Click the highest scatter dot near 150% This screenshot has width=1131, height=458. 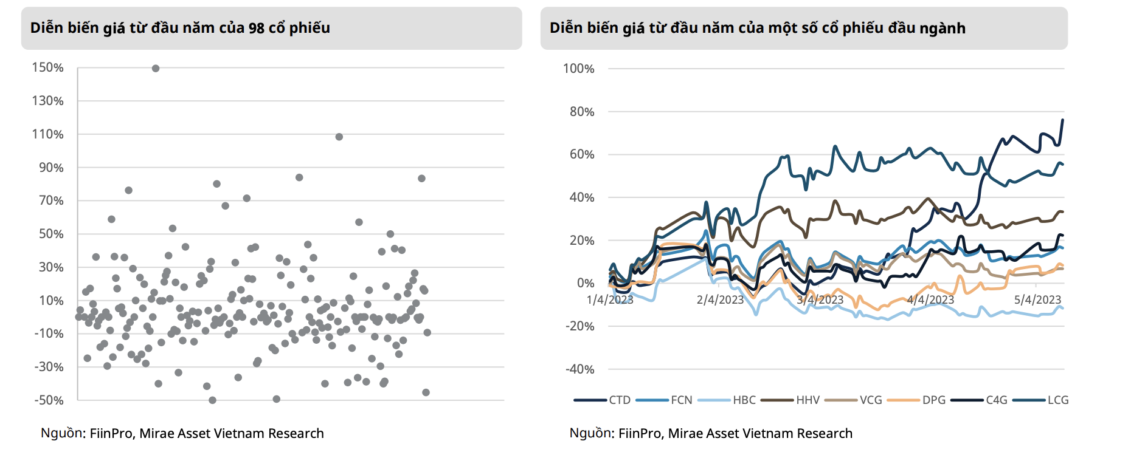pyautogui.click(x=156, y=69)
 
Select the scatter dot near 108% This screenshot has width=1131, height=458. pyautogui.click(x=339, y=137)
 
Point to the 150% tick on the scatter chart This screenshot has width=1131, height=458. pyautogui.click(x=47, y=67)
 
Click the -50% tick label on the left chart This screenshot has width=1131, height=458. pyautogui.click(x=49, y=400)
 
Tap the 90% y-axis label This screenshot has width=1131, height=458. pyautogui.click(x=51, y=168)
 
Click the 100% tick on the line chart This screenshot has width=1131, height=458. pyautogui.click(x=578, y=69)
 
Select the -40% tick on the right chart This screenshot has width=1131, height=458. pyautogui.click(x=579, y=369)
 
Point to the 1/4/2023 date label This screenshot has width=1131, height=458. pyautogui.click(x=610, y=299)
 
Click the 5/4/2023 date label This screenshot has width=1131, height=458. pyautogui.click(x=1037, y=299)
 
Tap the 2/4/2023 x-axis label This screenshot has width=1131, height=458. pyautogui.click(x=720, y=299)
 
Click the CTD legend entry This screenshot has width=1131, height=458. pyautogui.click(x=620, y=400)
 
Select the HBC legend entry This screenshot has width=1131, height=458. pyautogui.click(x=744, y=400)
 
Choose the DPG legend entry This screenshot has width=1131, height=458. pyautogui.click(x=933, y=400)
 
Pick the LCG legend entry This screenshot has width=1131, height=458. pyautogui.click(x=1058, y=400)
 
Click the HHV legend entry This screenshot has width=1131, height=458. pyautogui.click(x=808, y=400)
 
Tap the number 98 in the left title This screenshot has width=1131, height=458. pyautogui.click(x=256, y=28)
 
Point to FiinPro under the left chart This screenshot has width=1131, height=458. pyautogui.click(x=111, y=434)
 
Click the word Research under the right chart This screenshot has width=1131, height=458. pyautogui.click(x=825, y=434)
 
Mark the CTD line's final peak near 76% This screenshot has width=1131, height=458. pyautogui.click(x=1062, y=120)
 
